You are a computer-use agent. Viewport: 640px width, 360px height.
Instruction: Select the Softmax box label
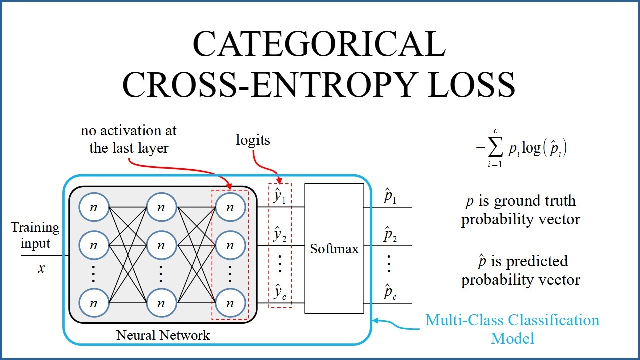coord(334,248)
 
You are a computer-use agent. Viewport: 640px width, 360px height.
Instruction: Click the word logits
coord(253,140)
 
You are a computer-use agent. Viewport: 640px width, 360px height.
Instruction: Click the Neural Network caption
coord(163,335)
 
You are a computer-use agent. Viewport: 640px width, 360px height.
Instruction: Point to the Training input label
coord(35,235)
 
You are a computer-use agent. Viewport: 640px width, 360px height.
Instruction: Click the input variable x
coord(41,268)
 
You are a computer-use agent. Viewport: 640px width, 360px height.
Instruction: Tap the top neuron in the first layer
coord(93,207)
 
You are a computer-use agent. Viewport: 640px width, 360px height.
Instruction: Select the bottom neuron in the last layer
coord(230,303)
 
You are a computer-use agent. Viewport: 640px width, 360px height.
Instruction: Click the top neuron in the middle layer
coord(161,207)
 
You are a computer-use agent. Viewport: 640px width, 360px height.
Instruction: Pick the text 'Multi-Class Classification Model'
coord(512,329)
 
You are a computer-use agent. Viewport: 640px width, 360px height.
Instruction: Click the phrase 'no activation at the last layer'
coord(129,140)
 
